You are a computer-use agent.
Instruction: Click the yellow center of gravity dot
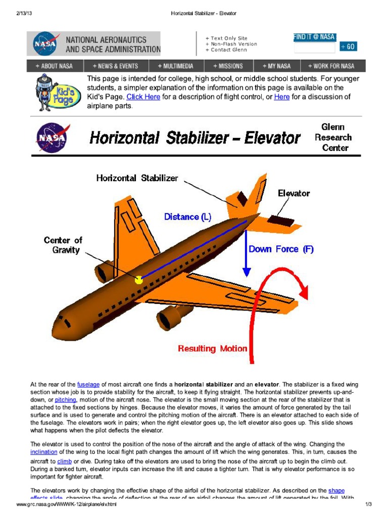click(139, 280)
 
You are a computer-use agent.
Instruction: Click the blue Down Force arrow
click(246, 252)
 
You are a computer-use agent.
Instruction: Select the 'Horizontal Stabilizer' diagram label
click(137, 178)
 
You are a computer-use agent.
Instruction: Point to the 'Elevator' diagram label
click(294, 193)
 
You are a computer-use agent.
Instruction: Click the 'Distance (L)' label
click(187, 217)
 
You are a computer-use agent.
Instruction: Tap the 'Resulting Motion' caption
click(213, 348)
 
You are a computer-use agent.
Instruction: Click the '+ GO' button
click(348, 47)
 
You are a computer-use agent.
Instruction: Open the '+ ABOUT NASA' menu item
click(54, 66)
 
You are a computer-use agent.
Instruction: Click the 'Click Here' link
click(143, 97)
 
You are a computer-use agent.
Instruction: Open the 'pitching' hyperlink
click(66, 399)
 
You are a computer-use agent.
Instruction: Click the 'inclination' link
click(44, 452)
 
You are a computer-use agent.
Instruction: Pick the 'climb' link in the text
click(64, 461)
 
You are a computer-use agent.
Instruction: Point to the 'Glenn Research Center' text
click(333, 137)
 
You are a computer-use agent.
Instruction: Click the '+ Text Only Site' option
click(226, 38)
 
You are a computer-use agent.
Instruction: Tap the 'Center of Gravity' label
click(63, 245)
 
